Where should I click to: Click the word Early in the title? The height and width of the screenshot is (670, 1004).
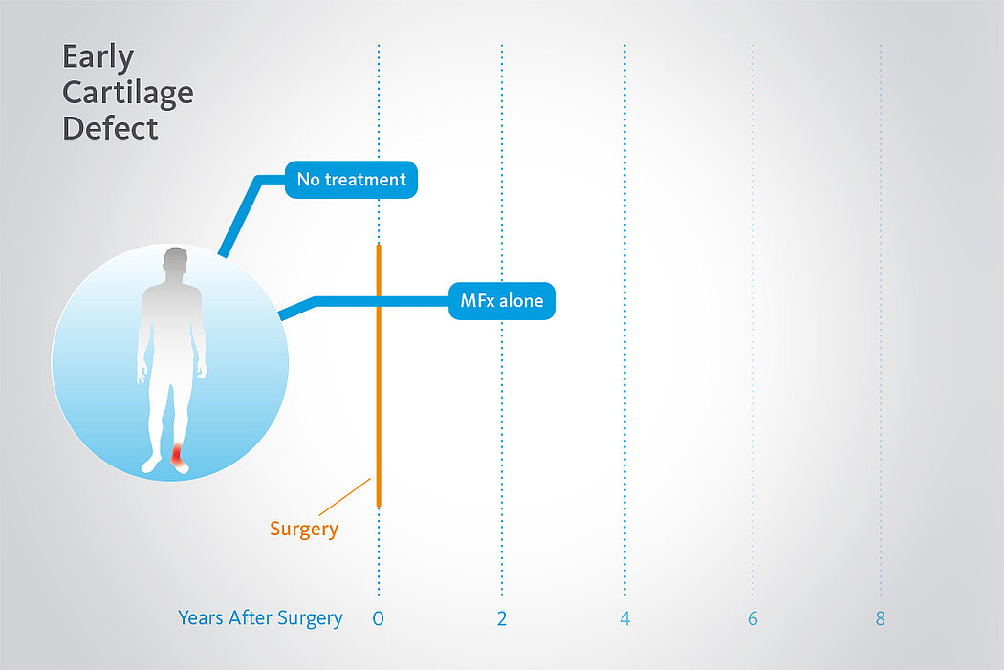pyautogui.click(x=98, y=58)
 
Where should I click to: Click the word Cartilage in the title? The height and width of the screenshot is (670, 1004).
pyautogui.click(x=128, y=94)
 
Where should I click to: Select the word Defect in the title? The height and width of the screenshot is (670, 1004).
pyautogui.click(x=110, y=128)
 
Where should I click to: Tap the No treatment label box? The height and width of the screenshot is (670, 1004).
pyautogui.click(x=351, y=180)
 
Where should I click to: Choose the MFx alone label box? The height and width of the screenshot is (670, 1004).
pyautogui.click(x=502, y=301)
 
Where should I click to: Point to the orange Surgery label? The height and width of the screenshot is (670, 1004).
pyautogui.click(x=304, y=530)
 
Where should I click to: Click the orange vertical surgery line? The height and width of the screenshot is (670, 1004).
pyautogui.click(x=379, y=376)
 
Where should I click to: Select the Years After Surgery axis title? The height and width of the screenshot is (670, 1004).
pyautogui.click(x=261, y=618)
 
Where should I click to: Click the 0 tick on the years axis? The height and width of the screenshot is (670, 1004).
pyautogui.click(x=379, y=618)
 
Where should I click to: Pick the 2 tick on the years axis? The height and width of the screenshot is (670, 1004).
pyautogui.click(x=502, y=618)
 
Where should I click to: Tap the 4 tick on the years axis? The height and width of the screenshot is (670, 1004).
pyautogui.click(x=625, y=618)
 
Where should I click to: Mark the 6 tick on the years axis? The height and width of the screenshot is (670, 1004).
pyautogui.click(x=753, y=618)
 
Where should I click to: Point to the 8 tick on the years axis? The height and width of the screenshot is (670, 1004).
pyautogui.click(x=881, y=618)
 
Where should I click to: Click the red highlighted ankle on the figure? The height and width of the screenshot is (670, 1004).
pyautogui.click(x=177, y=454)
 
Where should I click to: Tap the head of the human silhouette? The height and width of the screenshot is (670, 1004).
pyautogui.click(x=175, y=262)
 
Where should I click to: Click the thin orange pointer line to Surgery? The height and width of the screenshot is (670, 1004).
pyautogui.click(x=345, y=497)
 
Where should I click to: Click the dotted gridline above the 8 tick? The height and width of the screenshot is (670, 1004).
pyautogui.click(x=881, y=320)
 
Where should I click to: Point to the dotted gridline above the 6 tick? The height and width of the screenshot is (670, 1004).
pyautogui.click(x=753, y=320)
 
